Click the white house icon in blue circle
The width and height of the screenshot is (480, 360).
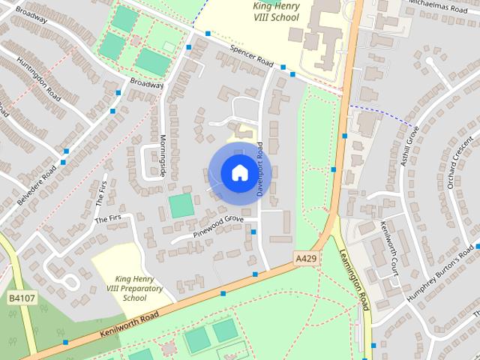point(238,172)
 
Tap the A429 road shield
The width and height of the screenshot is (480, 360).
point(305,259)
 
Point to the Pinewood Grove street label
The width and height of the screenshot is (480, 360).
point(218,226)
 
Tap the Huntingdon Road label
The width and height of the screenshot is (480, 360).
point(37,77)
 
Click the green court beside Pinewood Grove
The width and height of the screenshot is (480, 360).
point(181,205)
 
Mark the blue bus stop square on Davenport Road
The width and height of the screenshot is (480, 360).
point(253,232)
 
